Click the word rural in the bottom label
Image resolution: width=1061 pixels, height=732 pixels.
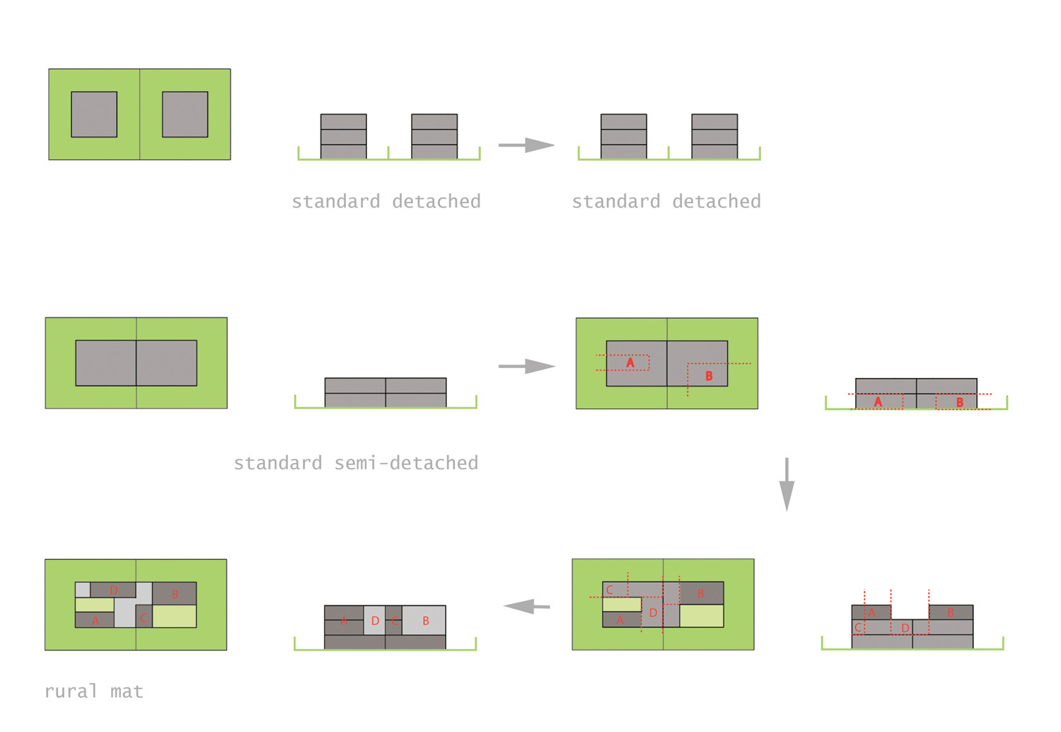pyautogui.click(x=71, y=692)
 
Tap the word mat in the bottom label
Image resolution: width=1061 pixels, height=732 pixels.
pyautogui.click(x=127, y=692)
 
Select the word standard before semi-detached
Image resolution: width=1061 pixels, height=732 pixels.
pyautogui.click(x=278, y=463)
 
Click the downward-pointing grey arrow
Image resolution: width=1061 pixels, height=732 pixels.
pyautogui.click(x=787, y=484)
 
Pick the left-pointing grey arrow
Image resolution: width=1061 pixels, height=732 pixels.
pyautogui.click(x=526, y=607)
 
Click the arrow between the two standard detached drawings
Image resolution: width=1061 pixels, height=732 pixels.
pyautogui.click(x=526, y=145)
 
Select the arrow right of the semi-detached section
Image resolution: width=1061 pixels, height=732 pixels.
pyautogui.click(x=526, y=366)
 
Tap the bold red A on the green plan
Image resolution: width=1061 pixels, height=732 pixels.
pyautogui.click(x=630, y=362)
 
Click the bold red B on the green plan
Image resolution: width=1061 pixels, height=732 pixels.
pyautogui.click(x=709, y=376)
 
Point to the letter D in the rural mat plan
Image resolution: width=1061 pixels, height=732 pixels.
pyautogui.click(x=113, y=590)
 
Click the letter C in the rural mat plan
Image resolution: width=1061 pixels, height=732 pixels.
pyautogui.click(x=144, y=618)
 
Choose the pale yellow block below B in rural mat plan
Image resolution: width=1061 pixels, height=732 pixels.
pyautogui.click(x=174, y=616)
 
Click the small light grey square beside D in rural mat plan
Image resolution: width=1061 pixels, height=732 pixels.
pyautogui.click(x=83, y=590)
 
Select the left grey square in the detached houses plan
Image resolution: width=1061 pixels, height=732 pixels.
pyautogui.click(x=94, y=114)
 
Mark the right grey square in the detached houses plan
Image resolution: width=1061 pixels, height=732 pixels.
pyautogui.click(x=185, y=114)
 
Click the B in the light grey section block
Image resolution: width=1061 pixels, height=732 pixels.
pyautogui.click(x=426, y=621)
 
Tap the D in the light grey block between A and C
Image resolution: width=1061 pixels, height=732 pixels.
pyautogui.click(x=375, y=621)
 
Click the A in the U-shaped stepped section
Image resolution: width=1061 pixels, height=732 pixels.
pyautogui.click(x=871, y=613)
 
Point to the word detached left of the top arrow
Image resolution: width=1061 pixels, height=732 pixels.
pyautogui.click(x=436, y=202)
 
